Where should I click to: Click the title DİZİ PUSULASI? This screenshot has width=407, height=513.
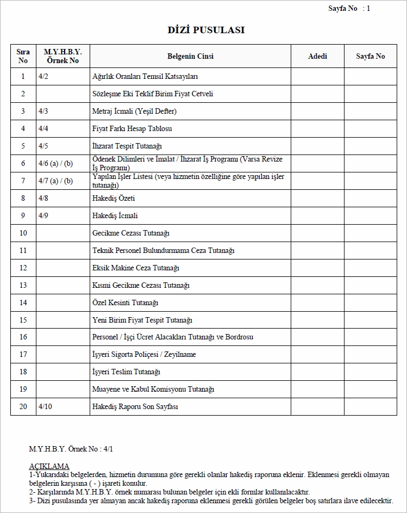pyautogui.click(x=206, y=30)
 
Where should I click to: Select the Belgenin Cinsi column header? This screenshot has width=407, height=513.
pyautogui.click(x=190, y=57)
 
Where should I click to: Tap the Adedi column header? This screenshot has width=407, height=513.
pyautogui.click(x=317, y=57)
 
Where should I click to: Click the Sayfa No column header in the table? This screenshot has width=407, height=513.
pyautogui.click(x=370, y=57)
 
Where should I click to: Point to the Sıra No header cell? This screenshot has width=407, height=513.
pyautogui.click(x=23, y=57)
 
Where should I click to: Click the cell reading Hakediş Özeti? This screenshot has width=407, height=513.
pyautogui.click(x=114, y=199)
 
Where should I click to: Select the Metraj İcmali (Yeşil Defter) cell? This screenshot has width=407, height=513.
pyautogui.click(x=134, y=112)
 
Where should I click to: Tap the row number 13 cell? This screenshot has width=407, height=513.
pyautogui.click(x=23, y=285)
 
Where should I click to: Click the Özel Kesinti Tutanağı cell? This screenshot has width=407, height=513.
pyautogui.click(x=126, y=302)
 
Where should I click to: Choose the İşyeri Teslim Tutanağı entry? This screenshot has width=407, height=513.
pyautogui.click(x=126, y=372)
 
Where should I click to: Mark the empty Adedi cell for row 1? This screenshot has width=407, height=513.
pyautogui.click(x=317, y=77)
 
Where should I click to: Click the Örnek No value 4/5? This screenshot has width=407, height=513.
pyautogui.click(x=43, y=146)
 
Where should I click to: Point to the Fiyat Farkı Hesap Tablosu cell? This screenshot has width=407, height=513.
pyautogui.click(x=132, y=129)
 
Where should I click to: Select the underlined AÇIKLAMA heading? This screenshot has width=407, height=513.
pyautogui.click(x=49, y=466)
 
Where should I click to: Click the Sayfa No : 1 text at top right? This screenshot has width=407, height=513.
pyautogui.click(x=349, y=8)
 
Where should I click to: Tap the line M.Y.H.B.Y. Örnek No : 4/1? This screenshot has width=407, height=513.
pyautogui.click(x=71, y=449)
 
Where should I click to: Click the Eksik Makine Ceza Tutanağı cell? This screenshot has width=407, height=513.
pyautogui.click(x=136, y=268)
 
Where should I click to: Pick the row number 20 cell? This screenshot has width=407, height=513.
pyautogui.click(x=23, y=407)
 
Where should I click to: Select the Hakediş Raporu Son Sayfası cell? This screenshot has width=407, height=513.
pyautogui.click(x=135, y=407)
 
